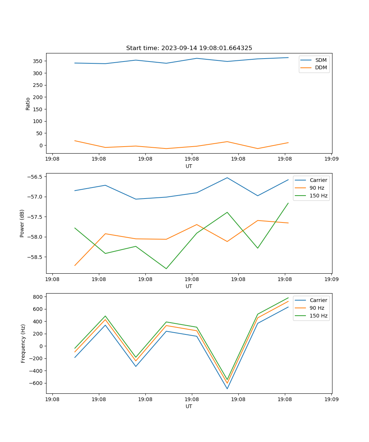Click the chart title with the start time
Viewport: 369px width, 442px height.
tap(189, 48)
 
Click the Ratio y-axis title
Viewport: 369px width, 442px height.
tap(28, 104)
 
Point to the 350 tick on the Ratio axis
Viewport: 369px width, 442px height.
tap(39, 61)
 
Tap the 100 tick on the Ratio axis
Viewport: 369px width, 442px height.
tap(39, 121)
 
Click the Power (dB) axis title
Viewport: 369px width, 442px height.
tap(22, 223)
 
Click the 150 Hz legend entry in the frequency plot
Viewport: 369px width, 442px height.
tap(318, 316)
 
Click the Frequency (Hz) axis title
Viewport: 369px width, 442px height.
tap(23, 343)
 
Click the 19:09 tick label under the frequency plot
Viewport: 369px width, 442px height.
tap(331, 399)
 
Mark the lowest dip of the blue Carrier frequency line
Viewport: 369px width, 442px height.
tap(227, 389)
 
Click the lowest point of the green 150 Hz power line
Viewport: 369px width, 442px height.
tap(166, 269)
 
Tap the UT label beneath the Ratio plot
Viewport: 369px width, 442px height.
tap(189, 166)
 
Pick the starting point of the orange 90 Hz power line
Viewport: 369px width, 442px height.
tap(75, 265)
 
